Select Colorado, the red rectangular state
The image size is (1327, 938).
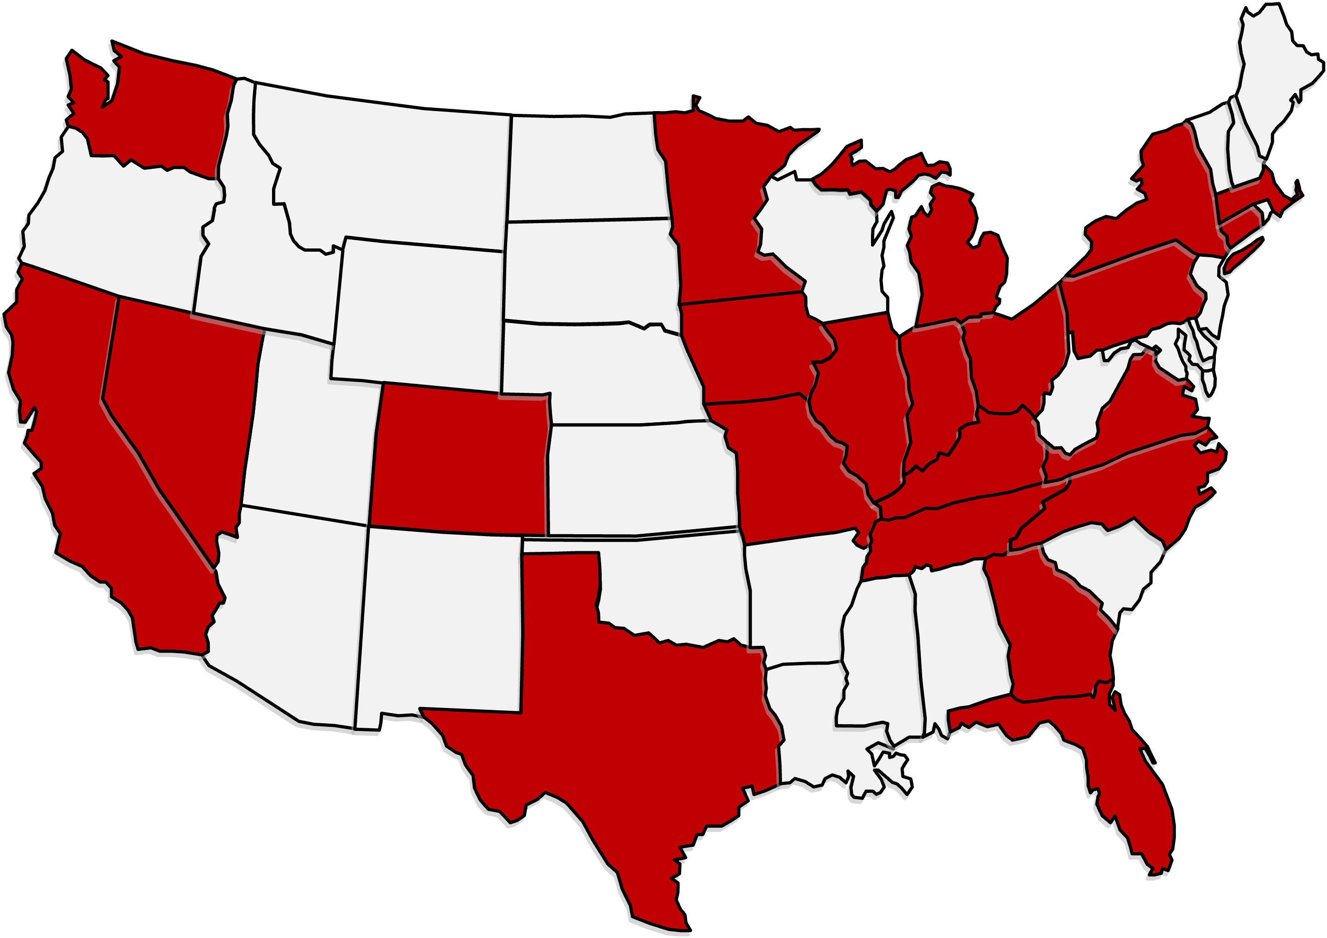pos(460,460)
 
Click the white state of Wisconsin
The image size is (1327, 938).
pos(821,248)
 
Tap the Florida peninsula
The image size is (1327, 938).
pos(1133,797)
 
